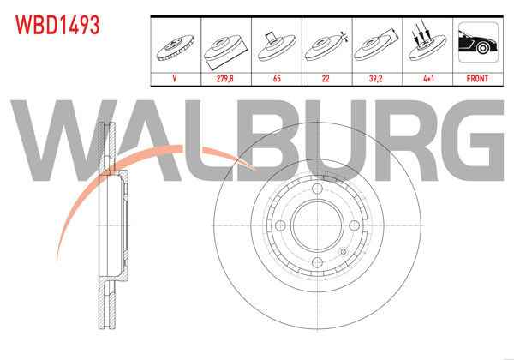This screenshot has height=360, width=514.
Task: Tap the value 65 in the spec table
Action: point(277,77)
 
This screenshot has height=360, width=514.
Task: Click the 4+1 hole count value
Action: point(427,77)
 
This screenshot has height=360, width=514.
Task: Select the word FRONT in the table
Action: point(477,77)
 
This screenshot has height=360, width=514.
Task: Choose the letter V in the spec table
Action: point(175,77)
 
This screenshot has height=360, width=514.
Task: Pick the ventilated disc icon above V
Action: point(175,45)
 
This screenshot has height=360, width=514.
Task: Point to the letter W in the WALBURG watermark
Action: point(51,143)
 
